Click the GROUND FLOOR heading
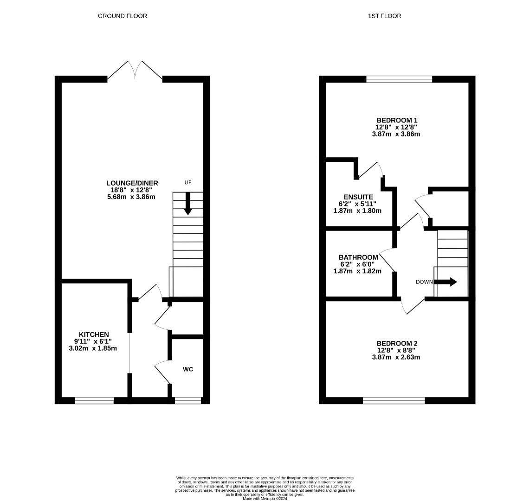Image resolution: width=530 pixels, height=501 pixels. click(123, 16)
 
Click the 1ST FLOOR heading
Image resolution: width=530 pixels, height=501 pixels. click(385, 16)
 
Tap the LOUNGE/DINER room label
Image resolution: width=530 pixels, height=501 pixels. click(132, 183)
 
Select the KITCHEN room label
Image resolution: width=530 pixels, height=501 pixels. click(94, 334)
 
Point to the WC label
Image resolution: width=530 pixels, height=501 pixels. click(188, 369)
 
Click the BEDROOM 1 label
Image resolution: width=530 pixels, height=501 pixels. click(397, 120)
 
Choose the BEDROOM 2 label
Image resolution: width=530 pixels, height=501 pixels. click(397, 344)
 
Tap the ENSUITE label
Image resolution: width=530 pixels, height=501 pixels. click(358, 197)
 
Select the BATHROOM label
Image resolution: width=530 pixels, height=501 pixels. click(358, 257)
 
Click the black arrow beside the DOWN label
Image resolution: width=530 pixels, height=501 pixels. click(446, 282)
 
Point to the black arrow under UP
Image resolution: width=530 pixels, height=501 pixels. click(188, 204)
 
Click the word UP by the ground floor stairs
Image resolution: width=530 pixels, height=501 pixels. click(188, 182)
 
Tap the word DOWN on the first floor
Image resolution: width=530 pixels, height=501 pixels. click(424, 282)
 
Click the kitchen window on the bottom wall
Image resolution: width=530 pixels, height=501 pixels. click(94, 401)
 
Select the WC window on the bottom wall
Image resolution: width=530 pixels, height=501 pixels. click(188, 401)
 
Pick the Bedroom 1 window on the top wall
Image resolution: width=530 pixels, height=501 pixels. click(400, 79)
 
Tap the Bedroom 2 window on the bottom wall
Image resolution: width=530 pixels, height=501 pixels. click(394, 401)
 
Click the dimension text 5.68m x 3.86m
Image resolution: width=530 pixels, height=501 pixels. click(131, 197)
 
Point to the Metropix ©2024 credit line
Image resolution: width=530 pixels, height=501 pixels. click(265, 498)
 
